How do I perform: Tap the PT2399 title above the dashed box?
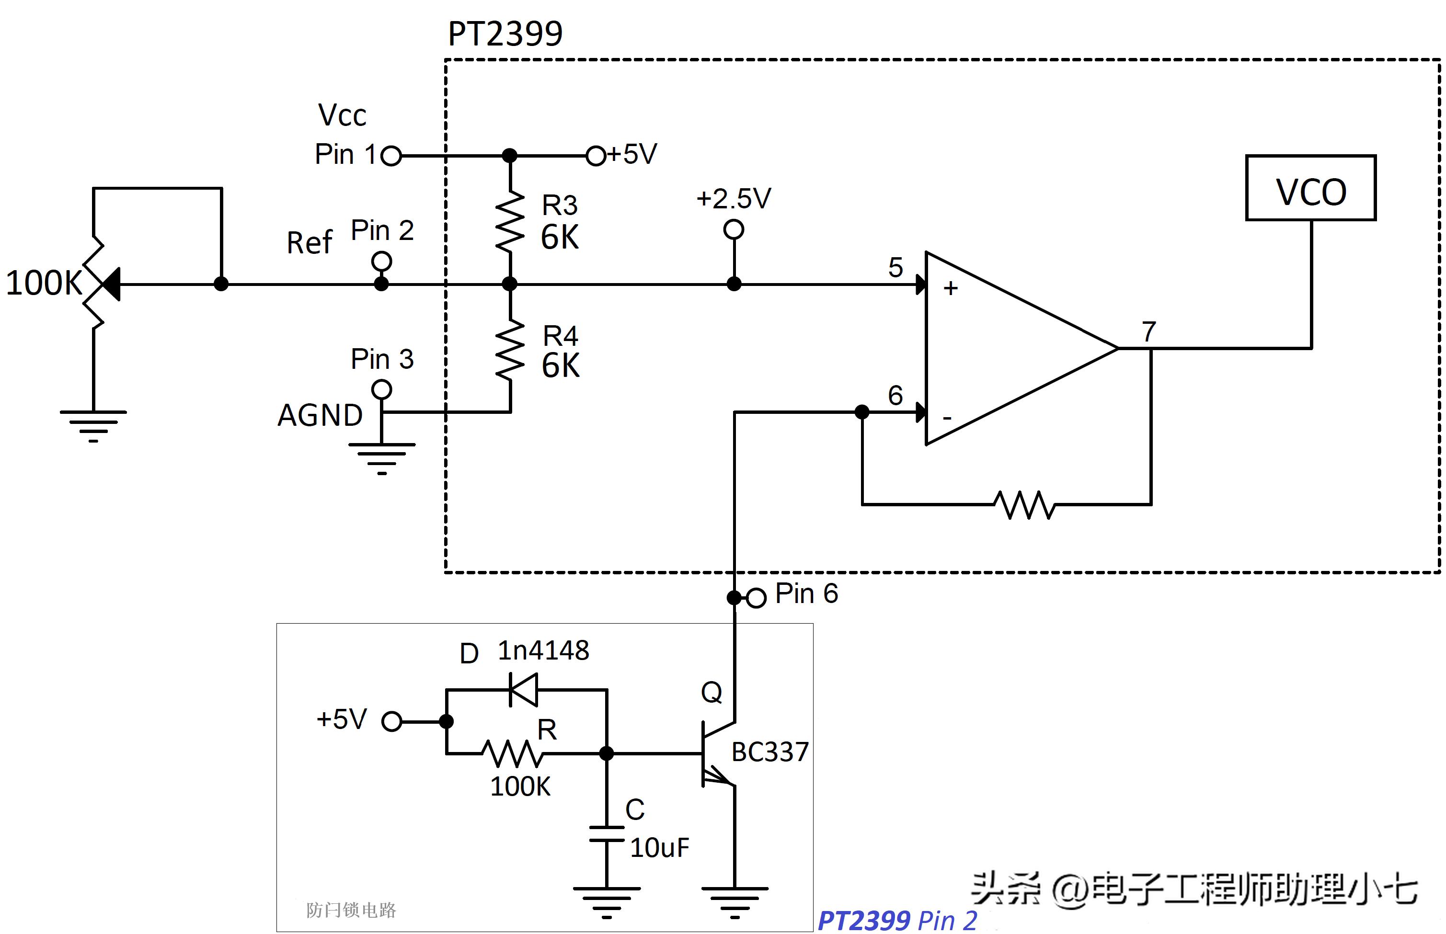pyautogui.click(x=505, y=34)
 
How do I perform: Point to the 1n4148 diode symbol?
pyautogui.click(x=523, y=690)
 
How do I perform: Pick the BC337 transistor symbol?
pyautogui.click(x=716, y=754)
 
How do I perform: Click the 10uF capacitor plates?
pyautogui.click(x=607, y=833)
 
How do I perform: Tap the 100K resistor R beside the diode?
pyautogui.click(x=513, y=754)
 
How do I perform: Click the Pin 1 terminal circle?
pyautogui.click(x=391, y=156)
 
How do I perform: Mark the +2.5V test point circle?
pyautogui.click(x=734, y=230)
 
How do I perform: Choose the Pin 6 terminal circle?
pyautogui.click(x=756, y=598)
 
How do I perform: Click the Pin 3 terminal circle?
pyautogui.click(x=381, y=389)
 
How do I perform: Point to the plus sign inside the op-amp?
pyautogui.click(x=951, y=288)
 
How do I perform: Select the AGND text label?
pyautogui.click(x=320, y=415)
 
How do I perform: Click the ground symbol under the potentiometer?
pyautogui.click(x=93, y=424)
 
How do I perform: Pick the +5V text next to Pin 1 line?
pyautogui.click(x=632, y=154)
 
